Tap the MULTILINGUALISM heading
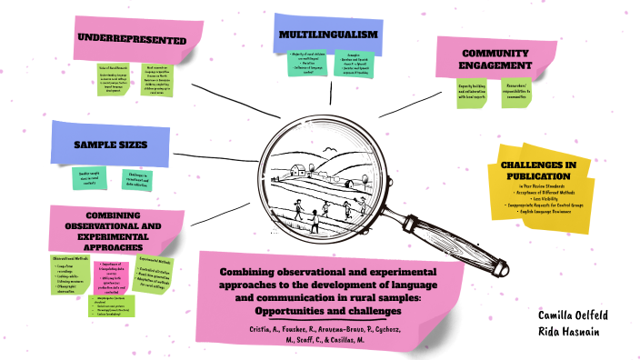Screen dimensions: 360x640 329,35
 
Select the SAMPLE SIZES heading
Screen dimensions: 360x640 109,145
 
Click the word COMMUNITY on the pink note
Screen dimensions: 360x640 495,54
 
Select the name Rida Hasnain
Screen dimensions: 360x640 575,332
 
